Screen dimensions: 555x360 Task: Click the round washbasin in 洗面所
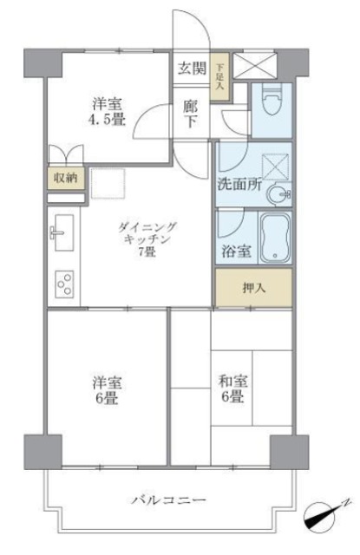pyautogui.click(x=279, y=194)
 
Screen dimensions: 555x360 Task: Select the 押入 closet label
pyautogui.click(x=252, y=287)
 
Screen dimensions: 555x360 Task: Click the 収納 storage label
pyautogui.click(x=66, y=179)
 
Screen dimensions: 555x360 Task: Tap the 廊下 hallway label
pyautogui.click(x=192, y=114)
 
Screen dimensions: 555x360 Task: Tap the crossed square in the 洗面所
pyautogui.click(x=277, y=166)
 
